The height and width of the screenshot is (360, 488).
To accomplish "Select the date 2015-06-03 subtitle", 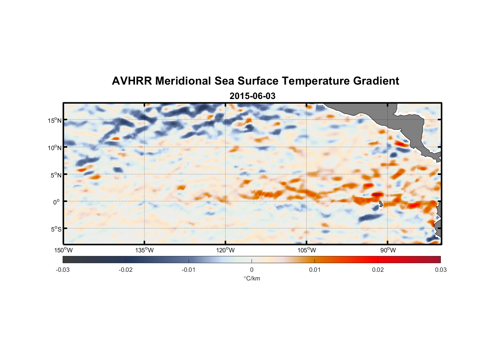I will (252, 96).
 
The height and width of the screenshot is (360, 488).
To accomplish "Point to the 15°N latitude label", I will (55, 120).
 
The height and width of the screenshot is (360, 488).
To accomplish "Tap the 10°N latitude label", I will (55, 148).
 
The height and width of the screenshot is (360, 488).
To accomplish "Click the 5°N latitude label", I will (56, 175).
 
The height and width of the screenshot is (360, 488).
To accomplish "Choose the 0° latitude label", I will (57, 202).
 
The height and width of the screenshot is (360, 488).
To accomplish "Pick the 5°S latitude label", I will (56, 229).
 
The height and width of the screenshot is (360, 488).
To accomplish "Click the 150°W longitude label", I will (64, 250).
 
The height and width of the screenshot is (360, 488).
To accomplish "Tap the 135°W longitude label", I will (145, 250).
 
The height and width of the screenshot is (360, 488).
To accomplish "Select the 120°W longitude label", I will (226, 250).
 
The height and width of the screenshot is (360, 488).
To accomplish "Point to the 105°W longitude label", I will (307, 250).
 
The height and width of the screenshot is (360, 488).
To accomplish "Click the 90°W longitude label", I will (388, 250).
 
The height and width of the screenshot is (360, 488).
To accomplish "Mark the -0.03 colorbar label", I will (63, 270).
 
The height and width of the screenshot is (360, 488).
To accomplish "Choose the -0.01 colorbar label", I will (189, 270).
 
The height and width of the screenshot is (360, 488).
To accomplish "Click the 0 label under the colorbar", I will (252, 270).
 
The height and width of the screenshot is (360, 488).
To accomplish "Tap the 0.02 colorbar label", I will (378, 270).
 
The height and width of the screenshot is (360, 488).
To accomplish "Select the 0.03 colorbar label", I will (440, 270).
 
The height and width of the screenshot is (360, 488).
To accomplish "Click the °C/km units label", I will (252, 278).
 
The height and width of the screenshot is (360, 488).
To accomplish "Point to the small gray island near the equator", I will (381, 204).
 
